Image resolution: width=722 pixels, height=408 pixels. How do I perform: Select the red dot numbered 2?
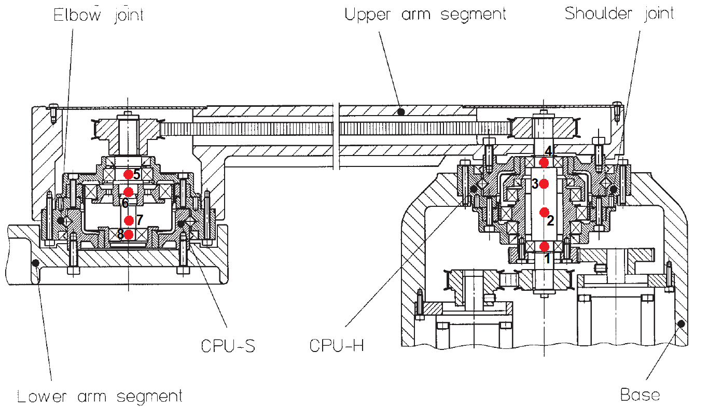[x=544, y=212]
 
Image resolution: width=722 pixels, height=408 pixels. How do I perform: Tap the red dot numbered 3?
[x=544, y=183]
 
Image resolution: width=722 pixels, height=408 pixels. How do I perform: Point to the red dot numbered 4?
[x=544, y=162]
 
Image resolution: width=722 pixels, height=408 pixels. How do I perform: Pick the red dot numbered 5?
[x=129, y=174]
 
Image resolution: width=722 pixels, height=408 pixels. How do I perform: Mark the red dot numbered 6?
[x=129, y=192]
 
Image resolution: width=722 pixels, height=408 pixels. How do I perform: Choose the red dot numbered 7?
[x=129, y=219]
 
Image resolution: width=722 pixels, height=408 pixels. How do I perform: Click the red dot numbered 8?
[x=129, y=234]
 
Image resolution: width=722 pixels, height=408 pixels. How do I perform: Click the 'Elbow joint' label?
[x=99, y=15]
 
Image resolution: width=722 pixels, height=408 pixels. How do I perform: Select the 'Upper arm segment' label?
[x=425, y=14]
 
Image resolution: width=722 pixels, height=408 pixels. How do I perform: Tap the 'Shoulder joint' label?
[x=619, y=13]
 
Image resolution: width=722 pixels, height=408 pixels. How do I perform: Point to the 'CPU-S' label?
[x=228, y=346]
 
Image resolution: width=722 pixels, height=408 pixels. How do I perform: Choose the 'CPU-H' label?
[x=337, y=346]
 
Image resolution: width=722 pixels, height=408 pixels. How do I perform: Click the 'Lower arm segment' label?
[x=100, y=397]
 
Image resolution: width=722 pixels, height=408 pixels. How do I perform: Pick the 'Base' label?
[x=640, y=395]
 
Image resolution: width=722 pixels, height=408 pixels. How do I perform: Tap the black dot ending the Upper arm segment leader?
[x=400, y=111]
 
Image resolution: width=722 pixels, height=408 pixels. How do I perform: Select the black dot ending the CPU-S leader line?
[x=181, y=223]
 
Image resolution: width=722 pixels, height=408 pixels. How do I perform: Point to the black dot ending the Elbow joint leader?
[x=61, y=221]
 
